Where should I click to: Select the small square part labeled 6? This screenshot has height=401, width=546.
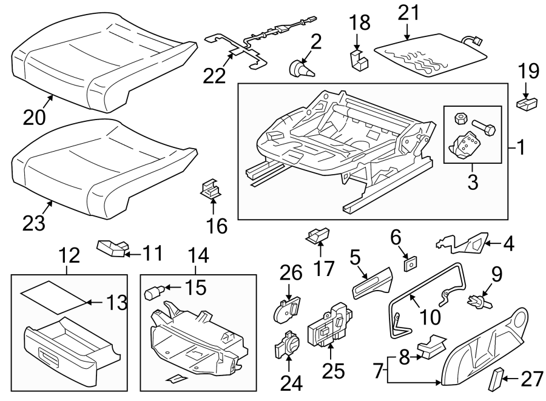(410, 263)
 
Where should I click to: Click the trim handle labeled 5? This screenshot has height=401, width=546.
(371, 283)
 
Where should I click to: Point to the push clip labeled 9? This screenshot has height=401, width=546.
(478, 299)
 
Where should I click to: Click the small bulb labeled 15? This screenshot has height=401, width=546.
(152, 294)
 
